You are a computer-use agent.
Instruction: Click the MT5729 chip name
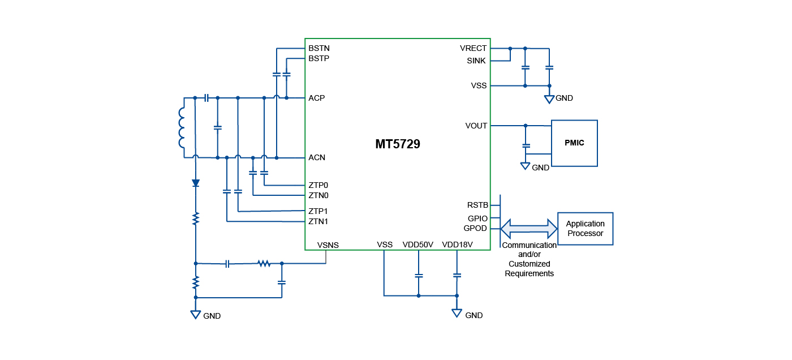398,144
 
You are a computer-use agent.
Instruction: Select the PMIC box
574,143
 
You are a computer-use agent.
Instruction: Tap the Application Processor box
585,229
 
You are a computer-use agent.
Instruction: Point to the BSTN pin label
319,48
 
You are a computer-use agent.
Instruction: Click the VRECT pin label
473,48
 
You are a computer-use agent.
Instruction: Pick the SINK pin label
476,61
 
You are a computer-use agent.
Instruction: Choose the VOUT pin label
476,126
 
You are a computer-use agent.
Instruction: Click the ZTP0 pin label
318,185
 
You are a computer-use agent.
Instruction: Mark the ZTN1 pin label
318,221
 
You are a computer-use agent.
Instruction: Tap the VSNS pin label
328,245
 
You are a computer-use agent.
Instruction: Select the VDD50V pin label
418,245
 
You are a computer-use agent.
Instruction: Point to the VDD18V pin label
457,245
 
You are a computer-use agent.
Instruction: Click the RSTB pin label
477,205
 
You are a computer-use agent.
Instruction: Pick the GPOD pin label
475,229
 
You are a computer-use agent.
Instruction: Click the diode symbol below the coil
196,183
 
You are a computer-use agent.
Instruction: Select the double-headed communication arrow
529,229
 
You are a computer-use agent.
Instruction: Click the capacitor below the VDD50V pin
419,276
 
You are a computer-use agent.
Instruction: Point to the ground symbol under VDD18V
457,312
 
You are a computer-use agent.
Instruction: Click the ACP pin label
317,98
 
